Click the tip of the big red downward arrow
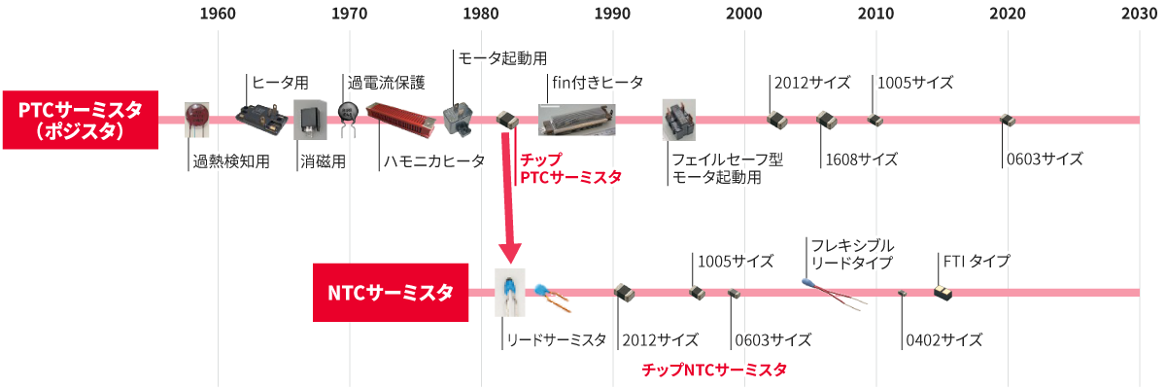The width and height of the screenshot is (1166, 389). pyautogui.click(x=511, y=264)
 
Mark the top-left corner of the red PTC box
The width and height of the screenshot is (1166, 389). pyautogui.click(x=3, y=91)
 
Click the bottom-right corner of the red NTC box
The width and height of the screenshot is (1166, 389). pyautogui.click(x=468, y=321)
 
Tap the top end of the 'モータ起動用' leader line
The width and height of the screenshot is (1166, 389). pyautogui.click(x=454, y=50)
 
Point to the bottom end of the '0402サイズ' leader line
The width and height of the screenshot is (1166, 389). pyautogui.click(x=902, y=349)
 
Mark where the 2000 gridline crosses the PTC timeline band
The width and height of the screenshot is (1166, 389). pyautogui.click(x=744, y=121)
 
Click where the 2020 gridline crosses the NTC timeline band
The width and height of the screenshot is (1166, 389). pyautogui.click(x=1008, y=293)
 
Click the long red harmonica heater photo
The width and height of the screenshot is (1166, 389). pyautogui.click(x=400, y=120)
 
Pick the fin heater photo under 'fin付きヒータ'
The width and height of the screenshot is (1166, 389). pyautogui.click(x=577, y=120)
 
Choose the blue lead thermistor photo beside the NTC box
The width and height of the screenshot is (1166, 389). pyautogui.click(x=509, y=292)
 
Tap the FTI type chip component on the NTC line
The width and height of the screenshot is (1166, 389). pyautogui.click(x=943, y=293)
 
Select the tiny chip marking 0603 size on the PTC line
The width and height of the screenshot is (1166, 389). pyautogui.click(x=1008, y=121)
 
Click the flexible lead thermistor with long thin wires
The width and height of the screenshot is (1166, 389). pyautogui.click(x=835, y=295)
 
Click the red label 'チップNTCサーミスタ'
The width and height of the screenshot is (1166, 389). pyautogui.click(x=714, y=370)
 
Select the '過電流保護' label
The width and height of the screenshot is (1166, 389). pyautogui.click(x=387, y=83)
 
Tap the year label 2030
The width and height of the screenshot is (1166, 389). pyautogui.click(x=1139, y=14)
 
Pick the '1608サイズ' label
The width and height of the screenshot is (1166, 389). pyautogui.click(x=862, y=159)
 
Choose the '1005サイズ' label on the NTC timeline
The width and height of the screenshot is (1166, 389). pyautogui.click(x=735, y=261)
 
